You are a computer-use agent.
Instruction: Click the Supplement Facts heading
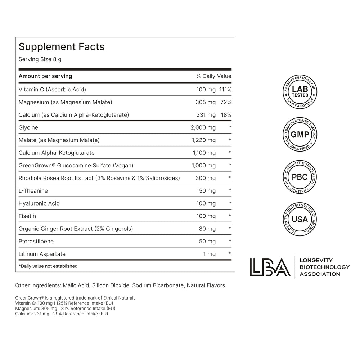(x=62, y=47)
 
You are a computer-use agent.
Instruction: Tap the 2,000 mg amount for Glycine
(x=203, y=127)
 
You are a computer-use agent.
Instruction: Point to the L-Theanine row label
(x=33, y=191)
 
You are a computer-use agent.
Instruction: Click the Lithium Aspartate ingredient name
(x=42, y=254)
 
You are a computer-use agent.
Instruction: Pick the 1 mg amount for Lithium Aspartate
(x=210, y=254)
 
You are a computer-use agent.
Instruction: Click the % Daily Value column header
(x=214, y=76)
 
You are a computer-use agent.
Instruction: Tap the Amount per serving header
(x=45, y=76)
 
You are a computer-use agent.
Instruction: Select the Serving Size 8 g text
(x=40, y=59)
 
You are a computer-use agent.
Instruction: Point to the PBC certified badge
(x=300, y=177)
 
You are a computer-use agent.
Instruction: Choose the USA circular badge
(x=300, y=219)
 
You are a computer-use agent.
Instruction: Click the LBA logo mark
(x=270, y=267)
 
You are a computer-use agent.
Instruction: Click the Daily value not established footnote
(x=48, y=266)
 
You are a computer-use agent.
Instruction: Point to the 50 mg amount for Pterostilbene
(x=207, y=241)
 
